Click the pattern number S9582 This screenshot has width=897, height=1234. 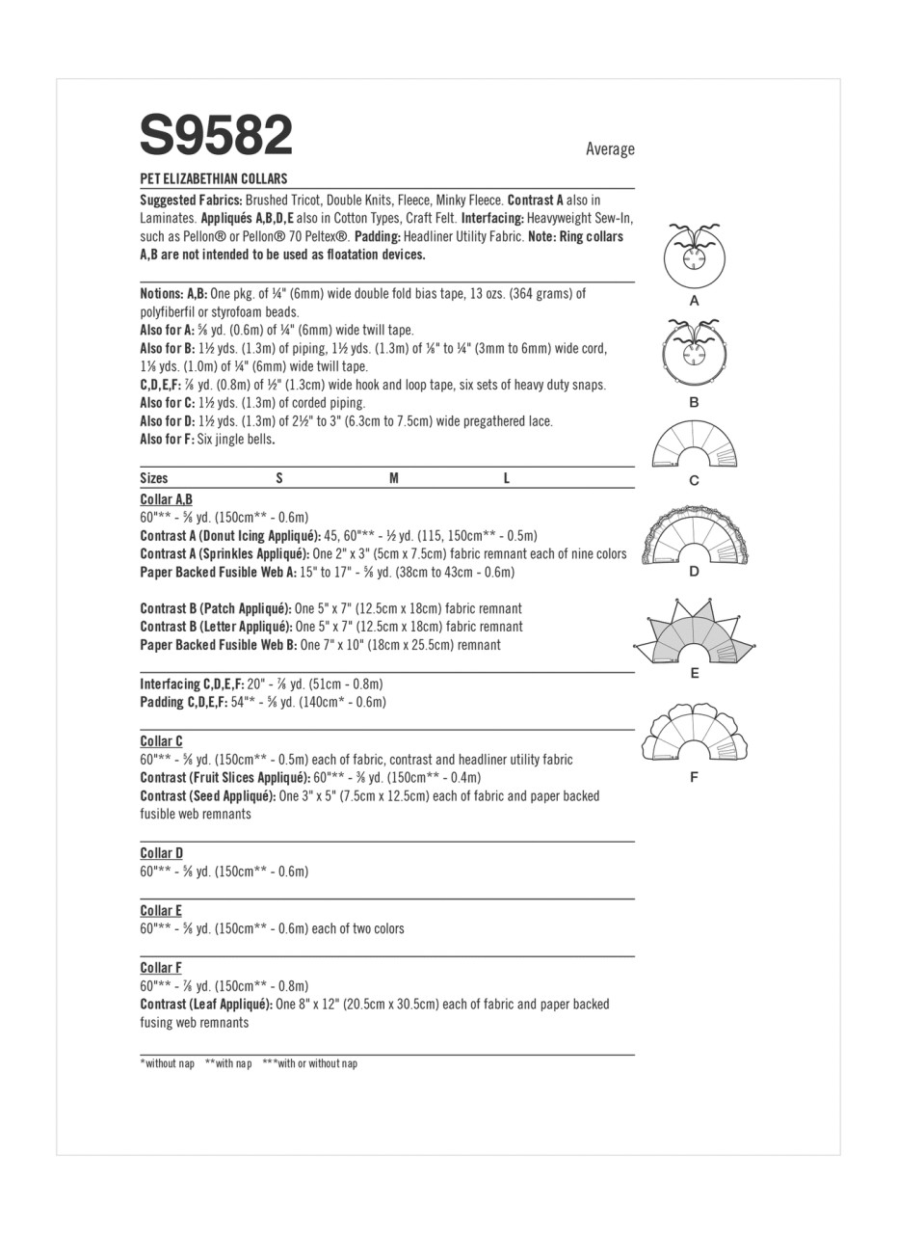click(216, 136)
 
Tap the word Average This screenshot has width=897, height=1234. click(610, 148)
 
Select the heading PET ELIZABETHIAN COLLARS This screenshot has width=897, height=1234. click(213, 178)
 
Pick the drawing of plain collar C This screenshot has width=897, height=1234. click(694, 446)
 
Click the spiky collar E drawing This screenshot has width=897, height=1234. click(694, 635)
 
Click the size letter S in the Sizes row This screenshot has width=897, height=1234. click(279, 478)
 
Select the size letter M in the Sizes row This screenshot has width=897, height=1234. click(393, 478)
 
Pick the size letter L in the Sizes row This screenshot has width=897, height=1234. click(506, 478)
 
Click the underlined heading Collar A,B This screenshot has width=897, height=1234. click(166, 499)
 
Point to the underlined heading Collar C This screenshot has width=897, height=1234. click(161, 741)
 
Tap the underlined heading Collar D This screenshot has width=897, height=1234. click(161, 853)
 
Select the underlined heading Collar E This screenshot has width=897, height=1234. click(161, 910)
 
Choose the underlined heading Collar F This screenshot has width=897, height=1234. click(161, 968)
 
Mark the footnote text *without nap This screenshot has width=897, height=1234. click(167, 1063)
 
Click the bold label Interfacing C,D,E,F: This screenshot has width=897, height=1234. click(192, 684)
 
